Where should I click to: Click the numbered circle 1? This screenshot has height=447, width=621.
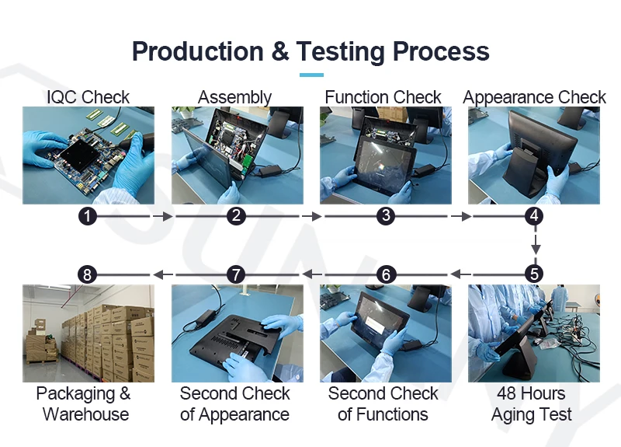click(x=88, y=217)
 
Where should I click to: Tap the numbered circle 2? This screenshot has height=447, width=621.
click(x=236, y=217)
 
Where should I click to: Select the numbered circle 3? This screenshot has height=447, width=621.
click(x=386, y=217)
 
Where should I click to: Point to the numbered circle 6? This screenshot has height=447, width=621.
click(x=386, y=274)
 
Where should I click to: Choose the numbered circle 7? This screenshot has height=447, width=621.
click(x=236, y=274)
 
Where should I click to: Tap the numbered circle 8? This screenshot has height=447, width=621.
click(x=88, y=274)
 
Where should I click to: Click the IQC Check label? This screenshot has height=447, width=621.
click(x=88, y=97)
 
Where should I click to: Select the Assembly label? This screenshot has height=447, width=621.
click(x=235, y=97)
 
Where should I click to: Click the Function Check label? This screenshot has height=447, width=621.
click(x=383, y=97)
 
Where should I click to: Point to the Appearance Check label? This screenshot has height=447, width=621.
click(x=534, y=97)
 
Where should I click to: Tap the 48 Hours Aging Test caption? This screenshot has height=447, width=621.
click(x=532, y=403)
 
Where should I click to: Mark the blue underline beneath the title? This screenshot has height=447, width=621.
click(x=310, y=75)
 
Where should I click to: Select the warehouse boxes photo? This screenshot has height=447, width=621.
click(x=88, y=333)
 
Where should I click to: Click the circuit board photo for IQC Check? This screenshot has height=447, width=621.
click(x=88, y=155)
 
